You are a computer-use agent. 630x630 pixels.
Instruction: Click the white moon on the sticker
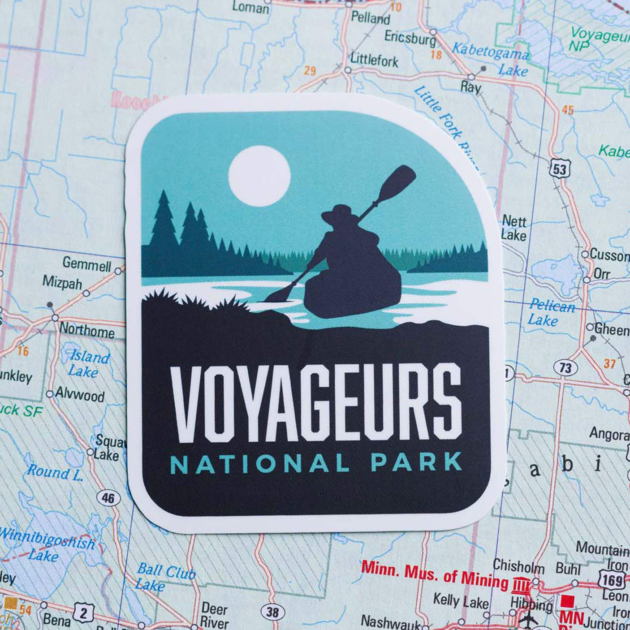click(259, 176)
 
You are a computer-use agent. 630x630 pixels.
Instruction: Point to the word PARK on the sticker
click(417, 462)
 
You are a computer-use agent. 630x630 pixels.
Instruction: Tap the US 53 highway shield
click(559, 169)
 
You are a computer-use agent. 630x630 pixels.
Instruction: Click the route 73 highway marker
click(565, 368)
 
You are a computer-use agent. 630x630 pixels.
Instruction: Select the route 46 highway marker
click(108, 498)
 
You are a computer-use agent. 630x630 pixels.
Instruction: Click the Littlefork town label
click(374, 60)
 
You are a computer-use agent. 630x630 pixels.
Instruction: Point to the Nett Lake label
click(513, 228)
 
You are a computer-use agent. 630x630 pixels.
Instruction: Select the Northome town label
click(87, 331)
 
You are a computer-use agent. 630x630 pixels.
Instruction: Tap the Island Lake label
click(88, 364)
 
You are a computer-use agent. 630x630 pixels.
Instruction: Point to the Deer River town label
click(215, 615)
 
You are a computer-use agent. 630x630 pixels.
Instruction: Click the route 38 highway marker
click(272, 612)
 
